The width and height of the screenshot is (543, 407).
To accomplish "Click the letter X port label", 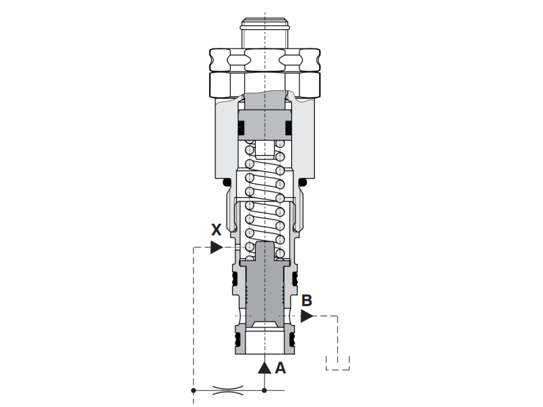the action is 217,230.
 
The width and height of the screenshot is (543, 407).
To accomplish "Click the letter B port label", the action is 307,301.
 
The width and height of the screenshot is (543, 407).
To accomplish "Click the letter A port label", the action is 280,368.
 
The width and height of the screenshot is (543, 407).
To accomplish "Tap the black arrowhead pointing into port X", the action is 217,247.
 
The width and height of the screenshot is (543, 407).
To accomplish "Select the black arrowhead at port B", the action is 307,316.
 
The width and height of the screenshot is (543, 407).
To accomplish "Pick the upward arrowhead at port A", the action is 265,368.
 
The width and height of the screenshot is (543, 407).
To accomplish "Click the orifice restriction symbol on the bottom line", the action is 227,391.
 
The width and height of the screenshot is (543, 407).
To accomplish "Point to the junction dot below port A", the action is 265,391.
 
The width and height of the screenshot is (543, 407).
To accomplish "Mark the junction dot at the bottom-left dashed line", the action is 193,391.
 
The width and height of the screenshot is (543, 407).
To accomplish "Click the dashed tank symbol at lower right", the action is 337,364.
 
